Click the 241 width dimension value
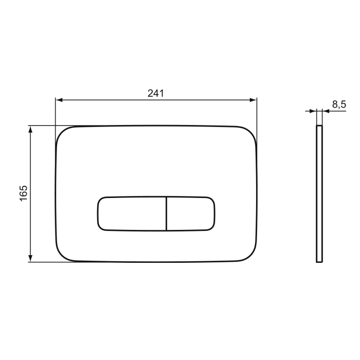coord(155,93)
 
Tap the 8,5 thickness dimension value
coord(338,104)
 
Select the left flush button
coord(131,213)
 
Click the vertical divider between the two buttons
coord(166,213)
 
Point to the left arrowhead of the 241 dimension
coord(59,100)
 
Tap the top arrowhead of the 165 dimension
coord(31,129)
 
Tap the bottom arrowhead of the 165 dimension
coord(31,259)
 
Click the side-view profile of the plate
coord(319,193)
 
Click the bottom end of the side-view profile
coord(319,262)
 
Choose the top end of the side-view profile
coord(319,125)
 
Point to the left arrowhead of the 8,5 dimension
coord(313,111)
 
